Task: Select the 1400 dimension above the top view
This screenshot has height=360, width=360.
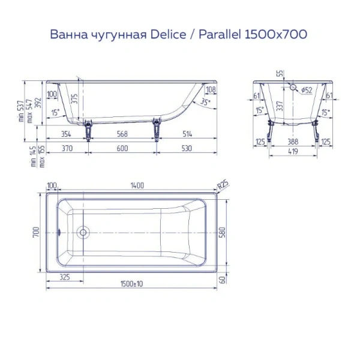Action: (136, 186)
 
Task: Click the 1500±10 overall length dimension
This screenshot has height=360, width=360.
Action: (136, 284)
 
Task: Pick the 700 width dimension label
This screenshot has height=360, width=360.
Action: (37, 231)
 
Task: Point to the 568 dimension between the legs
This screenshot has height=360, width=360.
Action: (123, 134)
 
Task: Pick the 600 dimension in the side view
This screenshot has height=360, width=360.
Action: (123, 148)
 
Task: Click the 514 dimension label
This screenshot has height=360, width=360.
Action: (187, 134)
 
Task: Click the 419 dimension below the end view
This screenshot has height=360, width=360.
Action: (293, 151)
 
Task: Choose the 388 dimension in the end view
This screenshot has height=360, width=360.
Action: (293, 142)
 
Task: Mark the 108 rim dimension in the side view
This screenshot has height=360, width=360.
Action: (210, 90)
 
